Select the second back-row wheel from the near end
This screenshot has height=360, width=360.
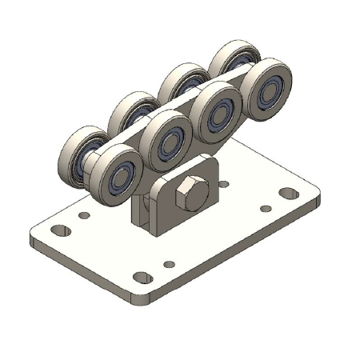(133, 112)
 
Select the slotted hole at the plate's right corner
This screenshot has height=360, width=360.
(286, 193)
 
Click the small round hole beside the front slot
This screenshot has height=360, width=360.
(168, 264)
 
